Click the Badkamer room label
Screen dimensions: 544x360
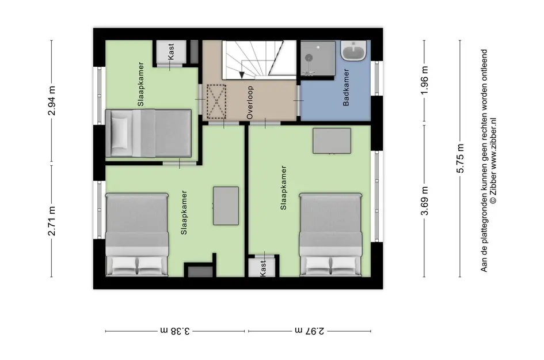coord(346,87)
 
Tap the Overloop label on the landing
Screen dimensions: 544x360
coord(250,103)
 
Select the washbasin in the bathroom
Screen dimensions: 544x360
coord(353,51)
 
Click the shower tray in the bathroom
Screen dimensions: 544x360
coord(318,58)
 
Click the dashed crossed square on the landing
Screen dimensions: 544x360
coord(216,101)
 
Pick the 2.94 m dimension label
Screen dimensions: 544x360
coord(52,101)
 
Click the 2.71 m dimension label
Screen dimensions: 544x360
coord(52,221)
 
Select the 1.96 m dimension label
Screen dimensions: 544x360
coord(425,80)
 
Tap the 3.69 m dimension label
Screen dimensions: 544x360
coord(425,200)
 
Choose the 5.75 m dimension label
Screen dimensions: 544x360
coord(460,158)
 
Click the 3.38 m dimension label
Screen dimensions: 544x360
coord(175,331)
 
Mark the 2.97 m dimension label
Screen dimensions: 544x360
coord(310,331)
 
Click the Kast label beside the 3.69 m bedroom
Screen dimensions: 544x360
coord(263,268)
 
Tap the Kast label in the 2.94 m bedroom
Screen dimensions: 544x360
coord(170,51)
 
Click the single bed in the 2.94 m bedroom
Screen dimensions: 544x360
coord(148,133)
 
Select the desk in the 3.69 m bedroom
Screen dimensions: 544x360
coord(332,141)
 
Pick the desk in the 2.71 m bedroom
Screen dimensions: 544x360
coord(226,206)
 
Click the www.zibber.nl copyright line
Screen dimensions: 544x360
coord(493,161)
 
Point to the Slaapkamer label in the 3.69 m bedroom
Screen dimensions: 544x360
coord(283,187)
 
